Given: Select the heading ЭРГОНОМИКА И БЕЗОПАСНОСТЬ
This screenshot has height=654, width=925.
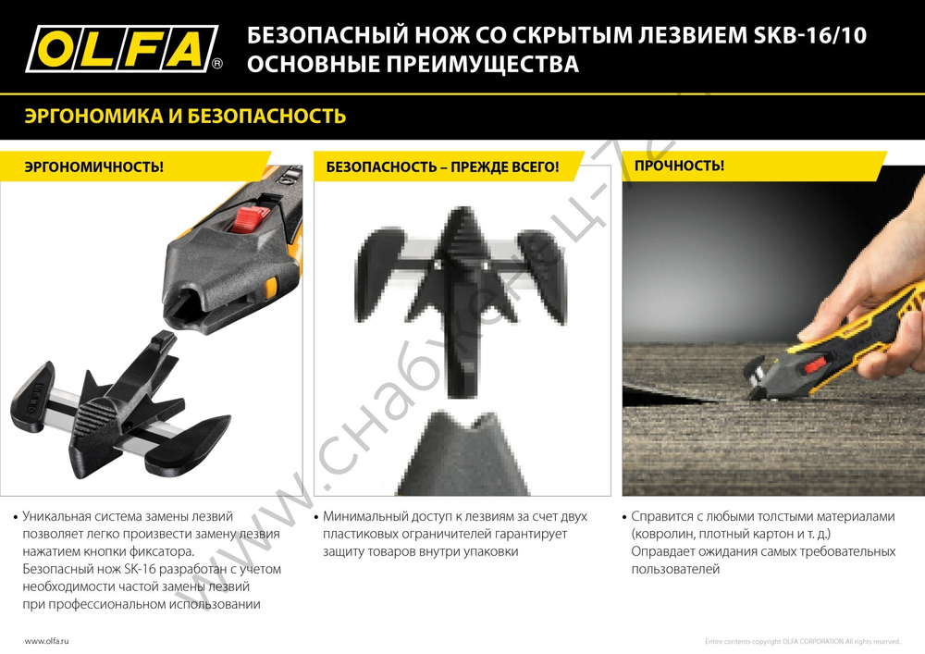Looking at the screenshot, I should pyautogui.click(x=185, y=117).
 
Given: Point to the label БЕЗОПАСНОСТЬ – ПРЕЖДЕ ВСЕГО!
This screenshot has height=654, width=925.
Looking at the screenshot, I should pyautogui.click(x=442, y=167).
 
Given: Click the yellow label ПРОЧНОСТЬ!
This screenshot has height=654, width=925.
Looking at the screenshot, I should pyautogui.click(x=679, y=166).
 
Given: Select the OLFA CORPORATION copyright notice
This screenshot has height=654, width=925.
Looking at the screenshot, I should pyautogui.click(x=802, y=641).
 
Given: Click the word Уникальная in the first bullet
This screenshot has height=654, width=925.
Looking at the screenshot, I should pyautogui.click(x=56, y=516).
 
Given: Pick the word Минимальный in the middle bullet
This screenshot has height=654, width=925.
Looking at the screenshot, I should pyautogui.click(x=364, y=516).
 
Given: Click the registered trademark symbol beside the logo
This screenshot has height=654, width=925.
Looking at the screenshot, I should pyautogui.click(x=217, y=65).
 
